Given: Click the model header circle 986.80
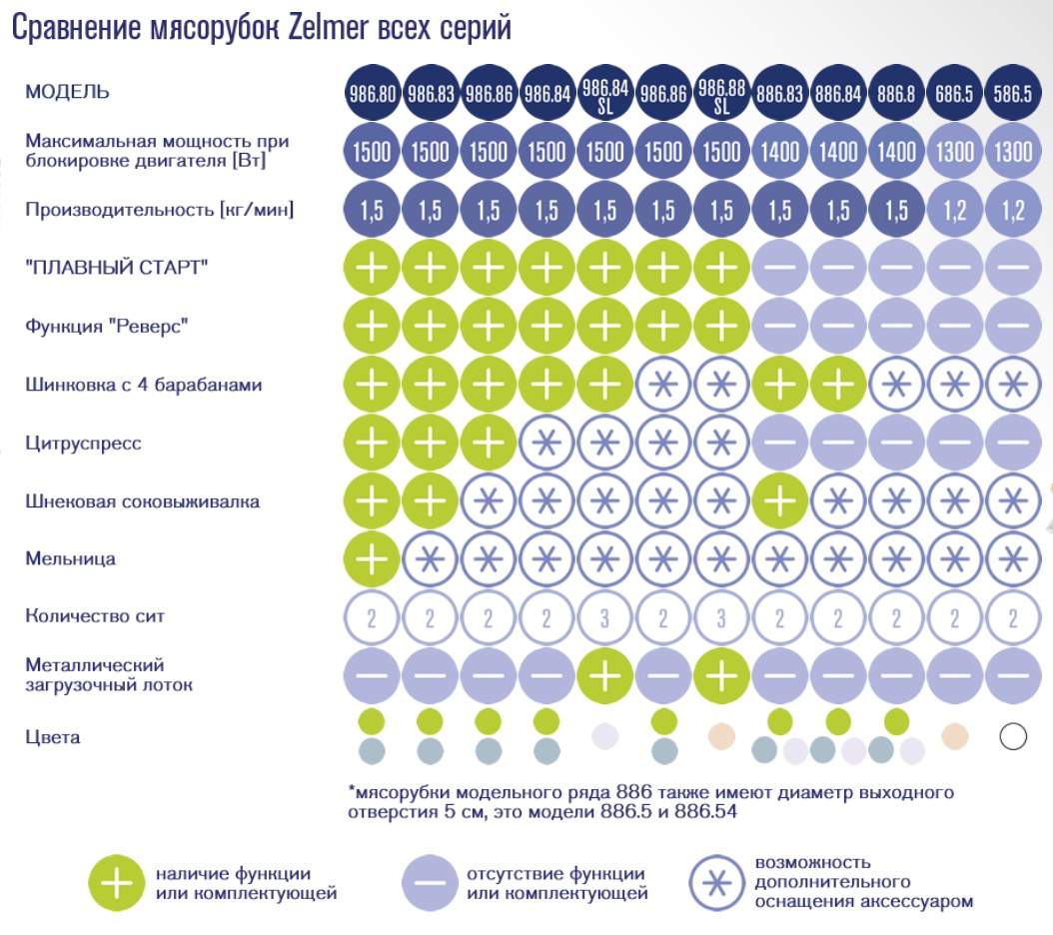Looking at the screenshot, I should [372, 94].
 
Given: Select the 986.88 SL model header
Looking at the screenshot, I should [721, 94].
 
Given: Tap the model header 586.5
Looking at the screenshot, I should [1013, 94].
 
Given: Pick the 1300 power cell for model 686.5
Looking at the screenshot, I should [955, 152].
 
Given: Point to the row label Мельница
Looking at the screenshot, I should [70, 558].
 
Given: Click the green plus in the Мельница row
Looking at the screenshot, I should [372, 558].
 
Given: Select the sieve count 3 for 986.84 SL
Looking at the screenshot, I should [604, 617].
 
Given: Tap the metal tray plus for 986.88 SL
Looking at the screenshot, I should [721, 675].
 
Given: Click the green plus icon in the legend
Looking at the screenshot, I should [117, 883].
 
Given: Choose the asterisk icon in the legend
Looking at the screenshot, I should [717, 883].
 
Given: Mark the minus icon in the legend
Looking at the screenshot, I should [430, 883].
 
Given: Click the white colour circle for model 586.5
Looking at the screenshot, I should [1013, 737].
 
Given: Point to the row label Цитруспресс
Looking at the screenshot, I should [83, 443].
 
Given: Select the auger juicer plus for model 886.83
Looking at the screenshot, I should [780, 500].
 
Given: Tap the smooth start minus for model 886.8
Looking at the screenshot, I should [896, 268].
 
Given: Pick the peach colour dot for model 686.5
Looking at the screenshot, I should [955, 736].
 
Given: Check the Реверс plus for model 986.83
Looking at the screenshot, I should [431, 326].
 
